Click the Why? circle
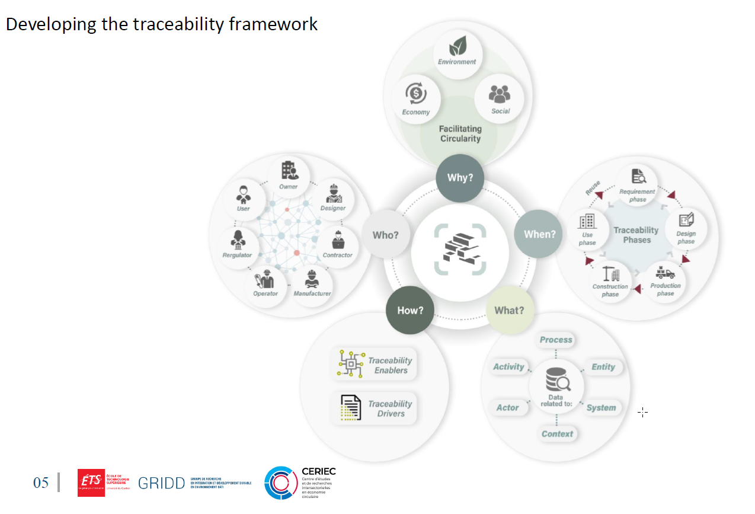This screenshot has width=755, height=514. [x=459, y=177]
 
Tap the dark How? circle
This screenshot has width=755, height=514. [x=410, y=310]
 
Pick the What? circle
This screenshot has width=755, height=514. [x=509, y=310]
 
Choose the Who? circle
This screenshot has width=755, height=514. [x=385, y=235]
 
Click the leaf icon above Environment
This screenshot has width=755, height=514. [x=457, y=46]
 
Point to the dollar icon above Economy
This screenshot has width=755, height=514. [x=415, y=94]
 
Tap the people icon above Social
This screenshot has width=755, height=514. [x=500, y=94]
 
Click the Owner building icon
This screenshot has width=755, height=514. [x=289, y=171]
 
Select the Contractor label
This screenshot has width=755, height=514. [x=337, y=256]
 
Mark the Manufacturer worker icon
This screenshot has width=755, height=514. [x=312, y=279]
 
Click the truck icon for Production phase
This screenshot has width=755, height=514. [x=666, y=273]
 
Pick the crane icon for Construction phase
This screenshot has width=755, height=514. [x=610, y=274]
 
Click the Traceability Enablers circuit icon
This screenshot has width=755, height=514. [x=350, y=363]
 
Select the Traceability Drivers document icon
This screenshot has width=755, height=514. [x=350, y=408]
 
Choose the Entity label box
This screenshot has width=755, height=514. [x=603, y=367]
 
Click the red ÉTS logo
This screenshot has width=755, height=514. [x=91, y=482]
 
